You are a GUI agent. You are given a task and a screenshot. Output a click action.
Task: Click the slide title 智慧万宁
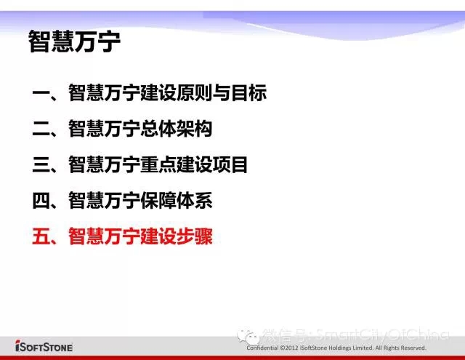point(74,41)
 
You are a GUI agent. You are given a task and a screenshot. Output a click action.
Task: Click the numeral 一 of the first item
point(41,93)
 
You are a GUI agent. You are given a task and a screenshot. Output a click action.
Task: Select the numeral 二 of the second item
point(41,129)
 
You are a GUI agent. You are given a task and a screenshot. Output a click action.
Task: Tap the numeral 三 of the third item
point(41,164)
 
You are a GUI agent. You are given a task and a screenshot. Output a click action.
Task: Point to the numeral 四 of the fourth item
point(41,201)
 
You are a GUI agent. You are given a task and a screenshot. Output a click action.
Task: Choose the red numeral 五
point(41,236)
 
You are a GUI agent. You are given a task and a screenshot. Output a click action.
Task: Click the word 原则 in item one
point(194,93)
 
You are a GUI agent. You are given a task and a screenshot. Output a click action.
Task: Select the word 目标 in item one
point(248,93)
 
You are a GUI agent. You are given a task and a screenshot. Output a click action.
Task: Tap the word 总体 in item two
point(158,129)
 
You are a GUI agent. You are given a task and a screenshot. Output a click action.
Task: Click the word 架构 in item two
point(194,129)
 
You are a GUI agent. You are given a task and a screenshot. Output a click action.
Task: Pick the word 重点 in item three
point(158,164)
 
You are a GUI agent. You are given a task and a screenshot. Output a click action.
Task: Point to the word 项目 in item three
point(230,164)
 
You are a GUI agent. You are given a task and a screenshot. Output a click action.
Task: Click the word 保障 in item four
point(158,201)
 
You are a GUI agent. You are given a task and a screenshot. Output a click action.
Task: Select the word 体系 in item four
point(194,201)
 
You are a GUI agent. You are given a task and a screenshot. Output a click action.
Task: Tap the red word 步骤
point(194,236)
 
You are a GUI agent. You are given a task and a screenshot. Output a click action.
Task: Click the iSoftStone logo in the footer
point(44,346)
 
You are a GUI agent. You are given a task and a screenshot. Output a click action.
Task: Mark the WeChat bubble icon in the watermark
point(247,337)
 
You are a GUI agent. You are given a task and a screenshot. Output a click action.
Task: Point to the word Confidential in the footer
point(262,348)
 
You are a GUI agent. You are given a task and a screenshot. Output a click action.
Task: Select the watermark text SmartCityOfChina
point(382,335)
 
